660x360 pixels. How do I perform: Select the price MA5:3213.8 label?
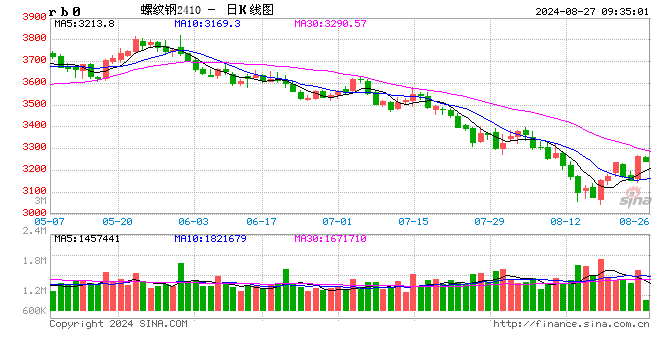(x=85, y=22)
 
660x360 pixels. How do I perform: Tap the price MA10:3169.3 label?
(x=208, y=22)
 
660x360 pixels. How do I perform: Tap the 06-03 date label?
(x=118, y=220)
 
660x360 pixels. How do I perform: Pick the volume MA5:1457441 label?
(x=87, y=239)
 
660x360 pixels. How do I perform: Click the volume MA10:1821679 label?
(x=210, y=239)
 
